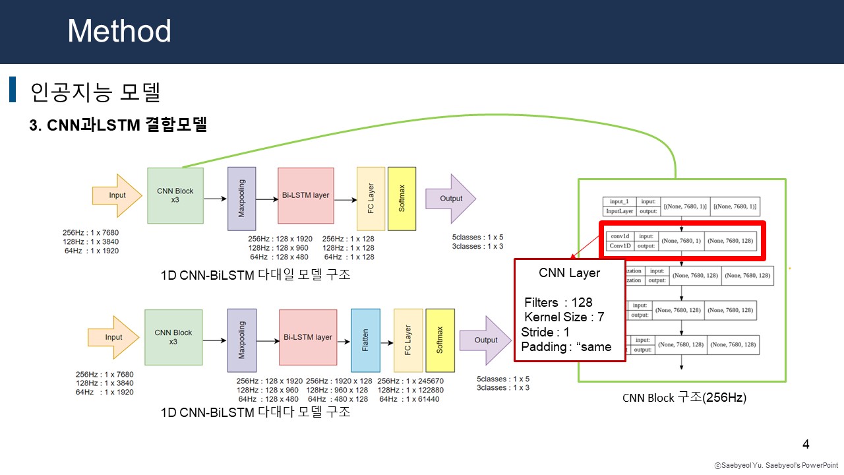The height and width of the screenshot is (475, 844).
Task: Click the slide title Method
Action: click(x=119, y=31)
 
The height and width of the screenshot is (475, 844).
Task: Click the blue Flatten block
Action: click(x=365, y=339)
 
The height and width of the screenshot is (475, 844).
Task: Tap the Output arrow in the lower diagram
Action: click(x=485, y=340)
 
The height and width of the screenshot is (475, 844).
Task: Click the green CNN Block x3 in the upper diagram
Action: click(x=175, y=195)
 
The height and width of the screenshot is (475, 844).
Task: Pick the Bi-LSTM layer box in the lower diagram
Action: click(x=308, y=338)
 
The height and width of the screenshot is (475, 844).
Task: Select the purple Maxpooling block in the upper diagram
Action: click(x=241, y=198)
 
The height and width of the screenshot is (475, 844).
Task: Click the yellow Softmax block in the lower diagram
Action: click(x=440, y=340)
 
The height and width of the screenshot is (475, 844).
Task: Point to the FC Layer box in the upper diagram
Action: click(x=371, y=198)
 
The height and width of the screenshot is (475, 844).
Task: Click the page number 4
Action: click(x=806, y=444)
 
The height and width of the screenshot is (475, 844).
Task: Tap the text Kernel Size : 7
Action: click(x=564, y=317)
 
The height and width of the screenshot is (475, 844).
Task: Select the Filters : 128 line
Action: click(x=558, y=302)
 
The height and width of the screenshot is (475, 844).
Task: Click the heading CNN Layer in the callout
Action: click(x=570, y=272)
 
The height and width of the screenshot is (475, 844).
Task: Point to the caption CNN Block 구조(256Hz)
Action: click(x=684, y=398)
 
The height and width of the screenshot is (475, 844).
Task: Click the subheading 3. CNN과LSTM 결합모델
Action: click(x=119, y=125)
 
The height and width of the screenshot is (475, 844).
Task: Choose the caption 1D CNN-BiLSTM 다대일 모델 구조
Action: click(x=255, y=275)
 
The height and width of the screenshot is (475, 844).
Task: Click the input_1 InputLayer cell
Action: click(x=620, y=206)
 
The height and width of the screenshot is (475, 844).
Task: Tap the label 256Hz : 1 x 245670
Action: click(x=410, y=381)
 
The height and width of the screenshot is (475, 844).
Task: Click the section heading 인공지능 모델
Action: click(x=96, y=92)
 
